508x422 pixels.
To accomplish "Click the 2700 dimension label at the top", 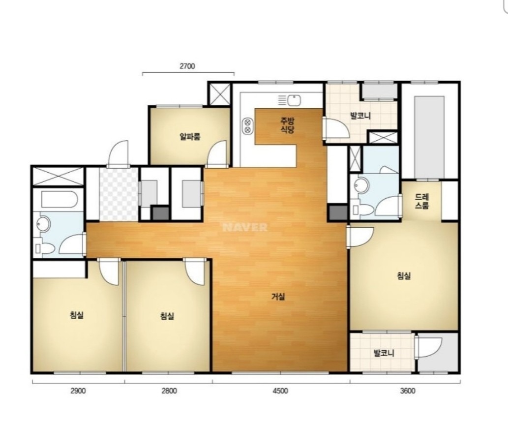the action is click(187, 66).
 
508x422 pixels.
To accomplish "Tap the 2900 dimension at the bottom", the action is click(78, 391).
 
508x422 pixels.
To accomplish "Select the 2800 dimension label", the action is click(169, 391).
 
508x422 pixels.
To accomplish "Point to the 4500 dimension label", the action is click(280, 391).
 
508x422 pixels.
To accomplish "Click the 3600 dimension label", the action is click(407, 391).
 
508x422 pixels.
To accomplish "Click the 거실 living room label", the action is click(278, 296).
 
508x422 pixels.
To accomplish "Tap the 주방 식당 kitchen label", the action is click(287, 125).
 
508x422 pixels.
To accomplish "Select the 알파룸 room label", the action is click(190, 136).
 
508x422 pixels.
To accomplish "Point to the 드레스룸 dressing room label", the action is click(421, 201).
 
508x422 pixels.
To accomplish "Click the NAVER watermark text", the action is click(245, 227).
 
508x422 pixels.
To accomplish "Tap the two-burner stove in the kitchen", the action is click(247, 126).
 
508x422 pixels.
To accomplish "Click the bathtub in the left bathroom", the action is click(59, 199).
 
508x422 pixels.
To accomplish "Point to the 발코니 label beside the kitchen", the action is click(360, 116).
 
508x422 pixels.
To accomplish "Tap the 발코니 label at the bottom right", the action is click(384, 353).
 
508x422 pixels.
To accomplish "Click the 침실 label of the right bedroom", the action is click(404, 276).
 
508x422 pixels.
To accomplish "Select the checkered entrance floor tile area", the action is click(119, 194).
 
